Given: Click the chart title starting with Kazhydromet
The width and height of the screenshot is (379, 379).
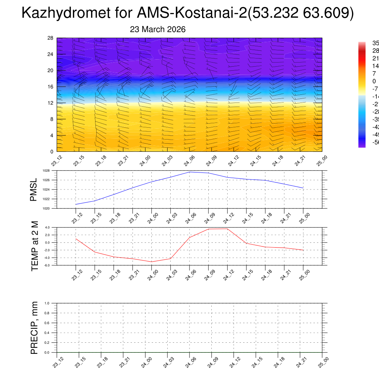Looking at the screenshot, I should (x=188, y=13).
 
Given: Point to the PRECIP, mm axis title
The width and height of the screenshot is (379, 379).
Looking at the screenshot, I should (x=34, y=328).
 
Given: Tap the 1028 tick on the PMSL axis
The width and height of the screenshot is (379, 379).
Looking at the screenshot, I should (x=46, y=171).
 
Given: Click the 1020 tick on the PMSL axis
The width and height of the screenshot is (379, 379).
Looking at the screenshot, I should (x=46, y=208).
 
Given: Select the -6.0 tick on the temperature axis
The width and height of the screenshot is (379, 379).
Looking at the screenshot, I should (x=47, y=265).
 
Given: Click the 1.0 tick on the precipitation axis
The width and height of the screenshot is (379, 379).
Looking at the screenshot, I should (x=47, y=303).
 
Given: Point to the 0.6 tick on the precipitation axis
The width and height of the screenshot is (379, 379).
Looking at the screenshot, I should (x=47, y=323).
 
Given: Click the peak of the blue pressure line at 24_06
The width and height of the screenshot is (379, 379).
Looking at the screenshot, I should (x=189, y=172).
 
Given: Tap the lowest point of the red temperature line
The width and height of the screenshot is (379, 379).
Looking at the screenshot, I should (x=152, y=262).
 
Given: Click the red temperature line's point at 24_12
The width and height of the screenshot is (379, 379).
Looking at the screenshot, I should (x=227, y=229).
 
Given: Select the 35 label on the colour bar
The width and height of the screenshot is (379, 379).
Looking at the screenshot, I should (x=375, y=43).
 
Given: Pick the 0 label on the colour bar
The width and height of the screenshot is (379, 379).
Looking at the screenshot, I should (x=374, y=81).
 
